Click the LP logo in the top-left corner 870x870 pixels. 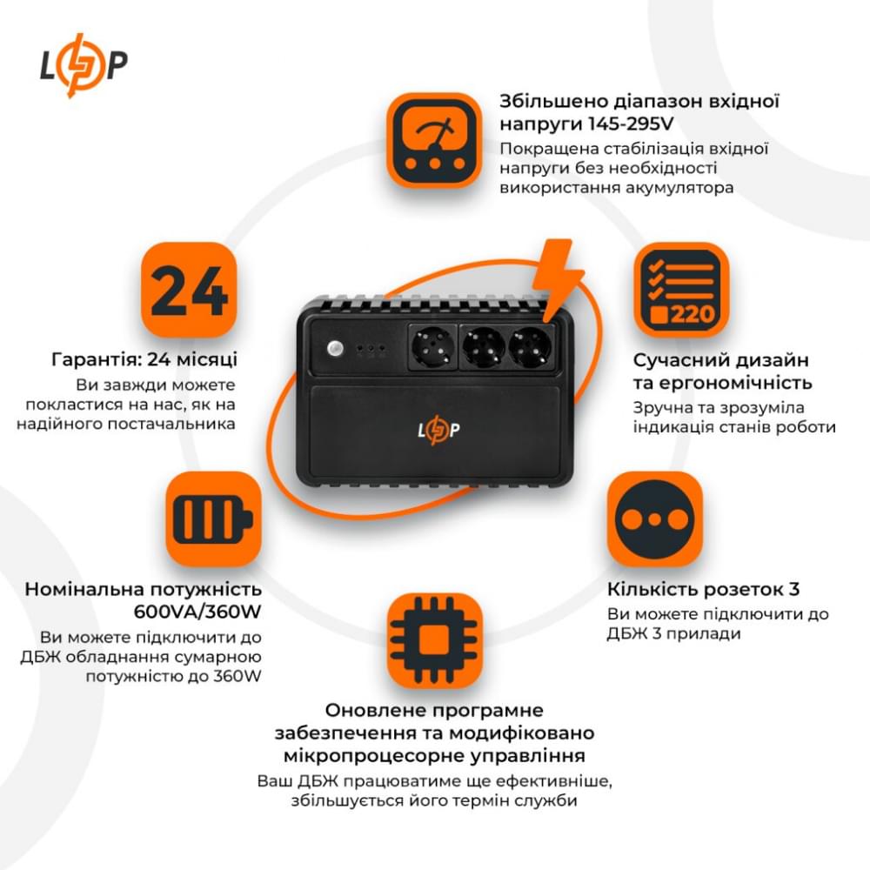coord(84,65)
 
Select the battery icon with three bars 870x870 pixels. coord(213,520)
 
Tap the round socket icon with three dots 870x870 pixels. coord(654,519)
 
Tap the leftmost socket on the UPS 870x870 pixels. coord(430,349)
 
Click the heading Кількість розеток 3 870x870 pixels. coord(703,589)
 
